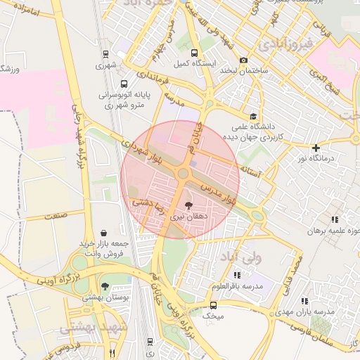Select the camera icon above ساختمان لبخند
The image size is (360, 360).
[244, 60]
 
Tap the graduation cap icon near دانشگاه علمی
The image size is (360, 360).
[252, 117]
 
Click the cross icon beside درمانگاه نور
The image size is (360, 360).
[316, 148]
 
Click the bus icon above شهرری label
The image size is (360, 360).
[105, 53]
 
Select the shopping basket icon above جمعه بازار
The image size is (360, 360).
[104, 232]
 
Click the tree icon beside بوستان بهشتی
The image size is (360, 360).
[105, 286]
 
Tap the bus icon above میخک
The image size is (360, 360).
[213, 305]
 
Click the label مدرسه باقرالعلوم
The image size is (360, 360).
[237, 287]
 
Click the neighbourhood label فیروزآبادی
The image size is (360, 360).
[286, 44]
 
